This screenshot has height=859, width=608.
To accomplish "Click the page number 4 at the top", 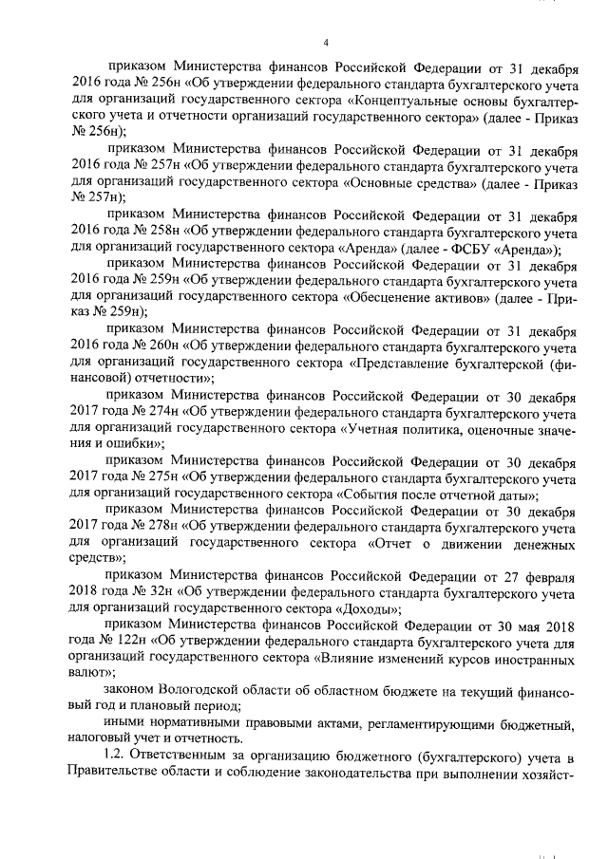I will pyautogui.click(x=325, y=42).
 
